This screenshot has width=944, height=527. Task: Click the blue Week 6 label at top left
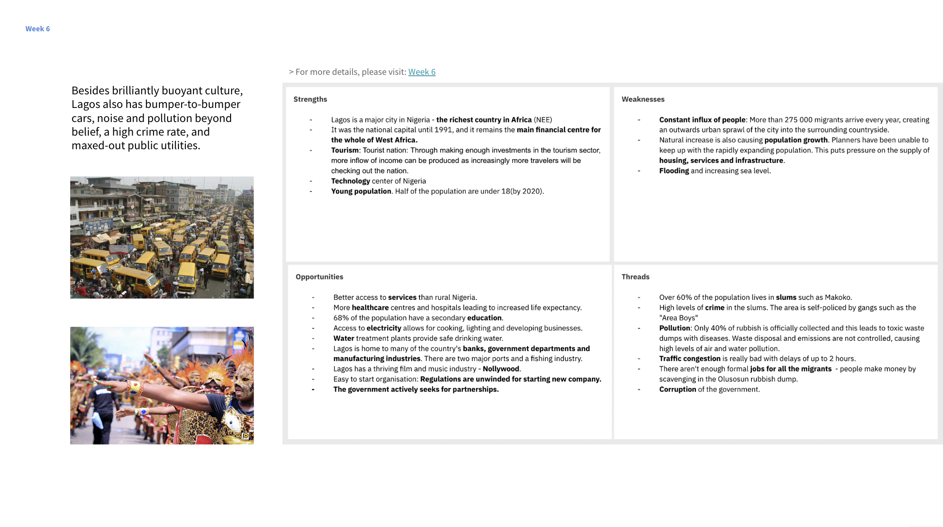pyautogui.click(x=38, y=29)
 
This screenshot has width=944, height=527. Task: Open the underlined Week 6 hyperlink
pyautogui.click(x=422, y=72)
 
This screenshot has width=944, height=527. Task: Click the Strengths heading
pyautogui.click(x=310, y=99)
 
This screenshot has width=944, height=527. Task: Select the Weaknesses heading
pyautogui.click(x=643, y=99)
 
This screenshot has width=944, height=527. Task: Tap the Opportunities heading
pyautogui.click(x=319, y=277)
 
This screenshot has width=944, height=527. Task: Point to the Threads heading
pyautogui.click(x=635, y=277)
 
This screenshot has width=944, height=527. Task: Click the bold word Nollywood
pyautogui.click(x=501, y=369)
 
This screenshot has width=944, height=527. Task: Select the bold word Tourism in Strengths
pyautogui.click(x=345, y=150)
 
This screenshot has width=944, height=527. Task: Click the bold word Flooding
pyautogui.click(x=674, y=171)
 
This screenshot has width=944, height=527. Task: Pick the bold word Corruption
pyautogui.click(x=678, y=389)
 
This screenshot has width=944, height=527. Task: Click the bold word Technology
pyautogui.click(x=351, y=181)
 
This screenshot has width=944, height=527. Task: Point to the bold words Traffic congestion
pyautogui.click(x=689, y=358)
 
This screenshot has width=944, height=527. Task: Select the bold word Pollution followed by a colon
pyautogui.click(x=675, y=328)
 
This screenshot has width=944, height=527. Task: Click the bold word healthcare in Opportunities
pyautogui.click(x=370, y=307)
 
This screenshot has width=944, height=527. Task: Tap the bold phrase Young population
pyautogui.click(x=361, y=191)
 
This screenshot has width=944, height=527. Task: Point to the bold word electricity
pyautogui.click(x=384, y=328)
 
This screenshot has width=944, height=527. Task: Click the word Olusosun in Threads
pyautogui.click(x=733, y=379)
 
